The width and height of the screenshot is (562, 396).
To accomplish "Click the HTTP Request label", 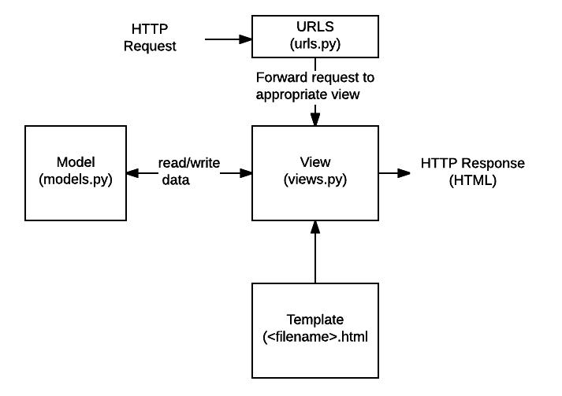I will point(150,39).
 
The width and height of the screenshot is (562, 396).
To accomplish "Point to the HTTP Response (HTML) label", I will point(472,171).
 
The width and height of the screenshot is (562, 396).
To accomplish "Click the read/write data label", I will point(188,171).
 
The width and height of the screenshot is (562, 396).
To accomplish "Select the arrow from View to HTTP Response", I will point(395,171).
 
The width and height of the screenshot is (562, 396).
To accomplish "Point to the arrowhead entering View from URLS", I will point(314,117).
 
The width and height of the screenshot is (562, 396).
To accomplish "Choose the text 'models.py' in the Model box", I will point(76,179).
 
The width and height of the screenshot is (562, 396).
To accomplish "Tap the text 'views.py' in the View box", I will point(314,179).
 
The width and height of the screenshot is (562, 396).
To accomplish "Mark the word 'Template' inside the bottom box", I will point(315,320).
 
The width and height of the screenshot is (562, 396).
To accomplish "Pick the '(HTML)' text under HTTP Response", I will point(472,179).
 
